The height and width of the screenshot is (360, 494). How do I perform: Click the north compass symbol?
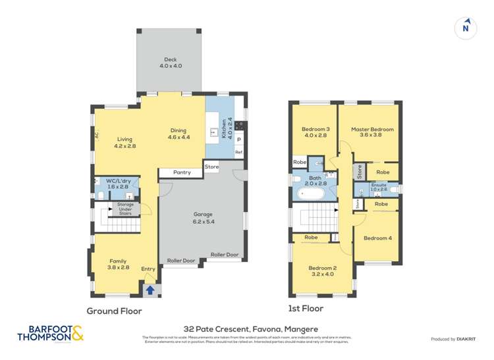click(466, 28)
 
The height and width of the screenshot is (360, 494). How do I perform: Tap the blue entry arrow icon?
click(150, 289)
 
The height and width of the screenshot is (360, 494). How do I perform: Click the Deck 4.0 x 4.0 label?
click(170, 63)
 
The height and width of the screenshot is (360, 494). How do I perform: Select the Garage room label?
click(203, 218)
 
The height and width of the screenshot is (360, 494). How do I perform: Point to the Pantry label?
click(182, 172)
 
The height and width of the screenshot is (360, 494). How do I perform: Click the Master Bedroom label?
click(372, 132)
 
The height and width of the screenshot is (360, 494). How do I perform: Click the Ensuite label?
click(378, 187)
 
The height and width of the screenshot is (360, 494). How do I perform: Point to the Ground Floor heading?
click(114, 311)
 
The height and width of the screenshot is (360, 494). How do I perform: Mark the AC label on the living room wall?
click(96, 136)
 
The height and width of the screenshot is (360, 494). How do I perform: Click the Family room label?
click(118, 265)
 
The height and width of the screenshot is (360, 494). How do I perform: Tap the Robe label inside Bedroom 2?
click(311, 238)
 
